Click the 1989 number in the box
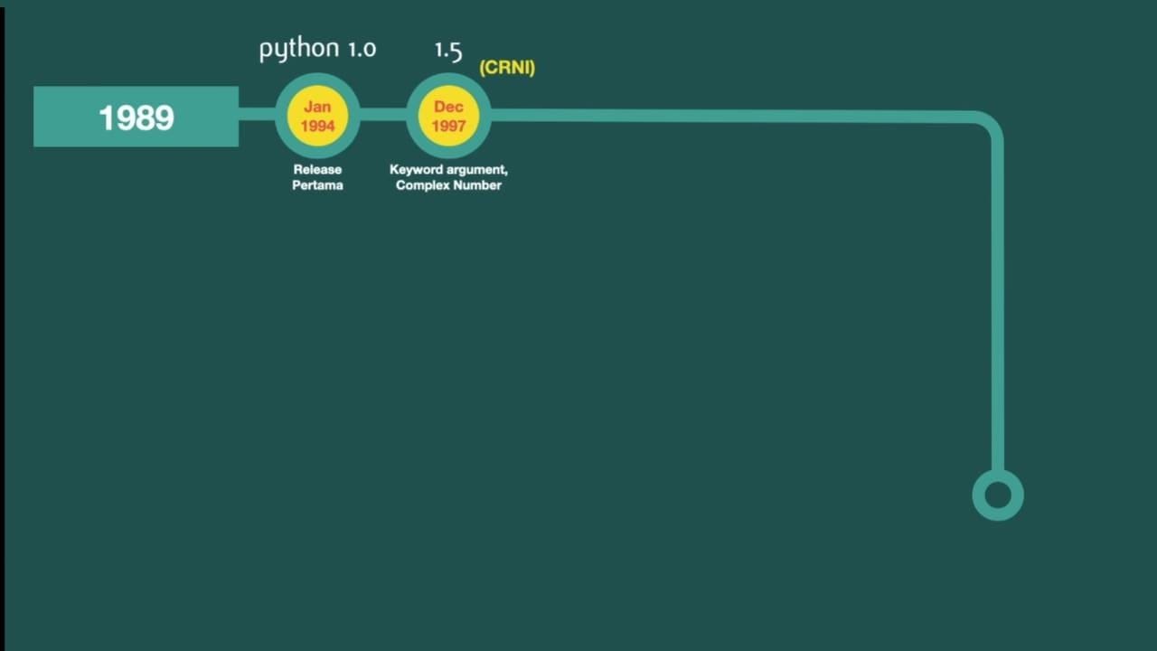(x=136, y=118)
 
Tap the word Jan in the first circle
(x=317, y=107)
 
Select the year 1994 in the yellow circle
(x=317, y=126)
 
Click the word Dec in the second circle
(x=448, y=107)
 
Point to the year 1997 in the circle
(x=448, y=126)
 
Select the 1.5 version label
(x=448, y=50)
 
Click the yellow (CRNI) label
(x=507, y=68)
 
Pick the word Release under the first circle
(x=317, y=169)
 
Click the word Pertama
(x=317, y=185)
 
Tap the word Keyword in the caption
(x=419, y=169)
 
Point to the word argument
(x=480, y=169)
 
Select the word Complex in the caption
(x=421, y=185)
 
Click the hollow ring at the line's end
(x=998, y=495)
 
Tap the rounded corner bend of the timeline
(x=989, y=123)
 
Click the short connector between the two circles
(x=383, y=115)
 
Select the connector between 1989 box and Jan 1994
(x=257, y=115)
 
